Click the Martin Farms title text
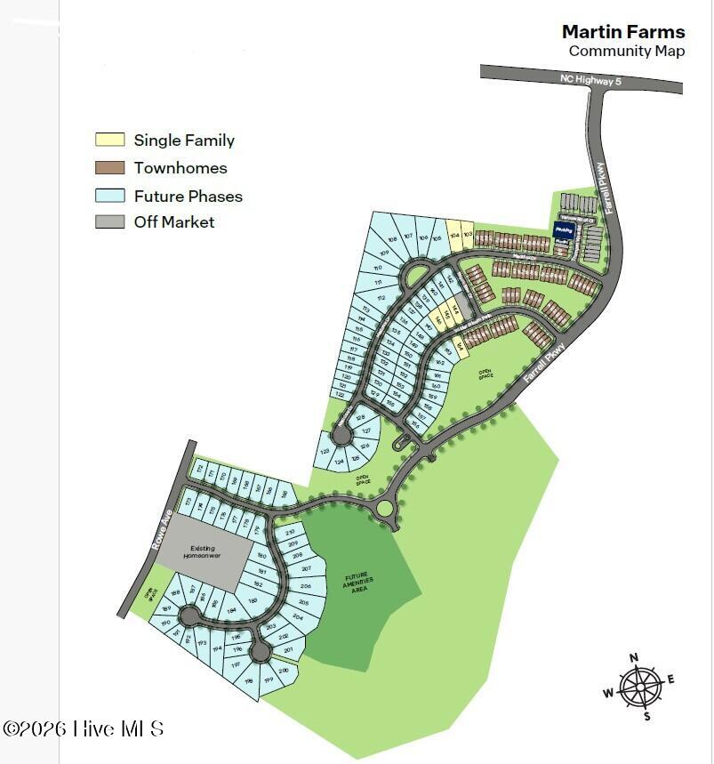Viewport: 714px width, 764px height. pos(622,32)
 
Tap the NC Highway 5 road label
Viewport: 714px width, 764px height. pos(590,79)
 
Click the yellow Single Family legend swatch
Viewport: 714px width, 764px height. pos(109,140)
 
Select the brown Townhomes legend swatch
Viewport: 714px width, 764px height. pos(109,167)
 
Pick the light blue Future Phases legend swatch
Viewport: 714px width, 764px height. pos(109,196)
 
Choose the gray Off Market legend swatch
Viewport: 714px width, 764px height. pos(109,222)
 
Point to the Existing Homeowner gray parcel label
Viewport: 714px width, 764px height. pos(206,552)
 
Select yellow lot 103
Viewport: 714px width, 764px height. pos(468,234)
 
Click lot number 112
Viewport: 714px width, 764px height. pos(381,299)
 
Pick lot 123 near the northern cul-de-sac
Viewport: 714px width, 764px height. pos(325,452)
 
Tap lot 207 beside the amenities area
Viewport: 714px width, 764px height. pos(307,567)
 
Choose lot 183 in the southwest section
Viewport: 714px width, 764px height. pos(253,601)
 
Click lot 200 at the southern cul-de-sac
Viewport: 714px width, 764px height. pos(284,671)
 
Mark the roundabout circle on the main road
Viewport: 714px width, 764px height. pos(384,509)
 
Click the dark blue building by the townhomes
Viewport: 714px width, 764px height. pos(562,230)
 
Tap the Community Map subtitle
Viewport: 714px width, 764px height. pos(626,51)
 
